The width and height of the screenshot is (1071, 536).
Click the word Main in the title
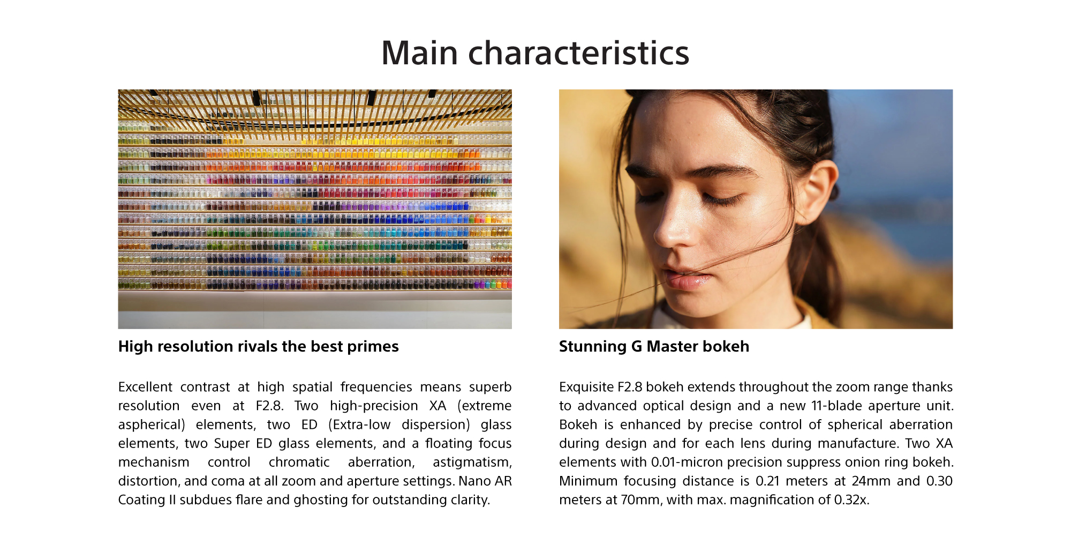tap(419, 53)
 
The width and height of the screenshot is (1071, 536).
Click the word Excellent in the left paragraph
tap(145, 387)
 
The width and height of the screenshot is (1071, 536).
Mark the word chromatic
tap(299, 462)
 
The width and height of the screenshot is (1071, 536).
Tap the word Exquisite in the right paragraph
tap(586, 387)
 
